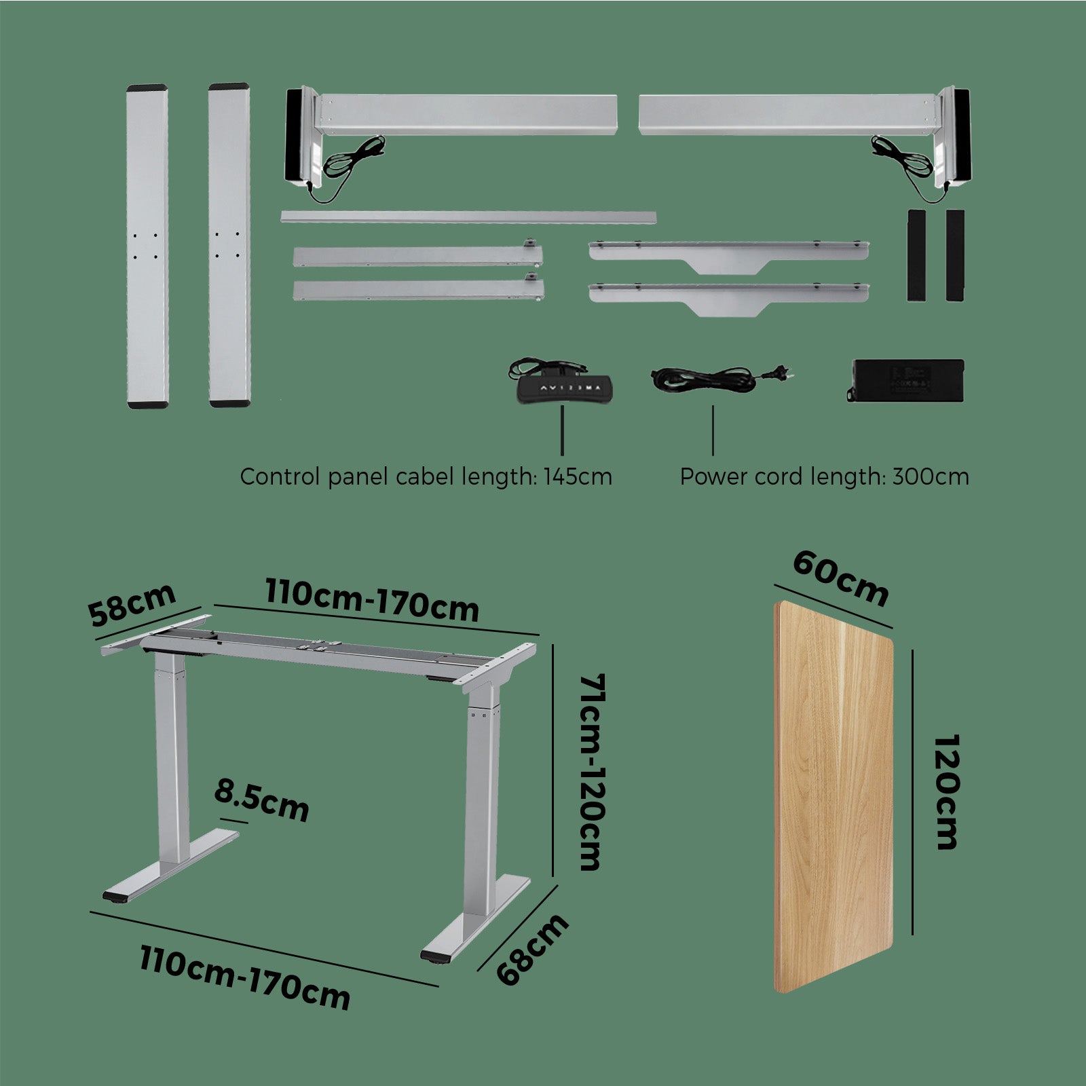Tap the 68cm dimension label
(x=533, y=949)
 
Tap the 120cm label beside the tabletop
(x=945, y=791)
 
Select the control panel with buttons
(x=564, y=390)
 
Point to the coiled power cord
(x=722, y=377)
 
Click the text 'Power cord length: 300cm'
(x=824, y=476)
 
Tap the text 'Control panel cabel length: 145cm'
(x=426, y=476)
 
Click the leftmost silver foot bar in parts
(x=147, y=246)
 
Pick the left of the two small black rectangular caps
(x=916, y=255)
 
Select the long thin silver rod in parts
(x=468, y=217)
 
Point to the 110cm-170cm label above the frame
(x=372, y=600)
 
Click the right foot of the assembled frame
(x=475, y=918)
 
